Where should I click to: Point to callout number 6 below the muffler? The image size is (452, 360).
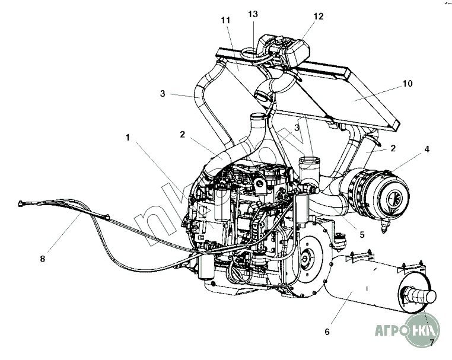[326, 332]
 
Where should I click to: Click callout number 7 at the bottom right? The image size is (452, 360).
[431, 342]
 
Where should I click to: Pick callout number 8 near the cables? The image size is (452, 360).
[43, 258]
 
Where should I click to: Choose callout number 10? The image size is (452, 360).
[407, 84]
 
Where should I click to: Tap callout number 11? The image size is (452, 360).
[225, 20]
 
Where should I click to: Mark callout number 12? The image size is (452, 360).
[319, 17]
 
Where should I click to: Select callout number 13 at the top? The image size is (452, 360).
[253, 14]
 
